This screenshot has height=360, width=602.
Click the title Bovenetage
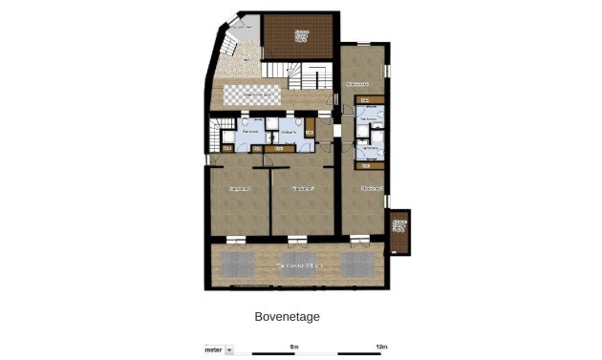[287, 316]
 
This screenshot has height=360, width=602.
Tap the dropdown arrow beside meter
[229, 350]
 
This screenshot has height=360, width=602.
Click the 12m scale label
[380, 345]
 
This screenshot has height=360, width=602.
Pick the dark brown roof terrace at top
[298, 37]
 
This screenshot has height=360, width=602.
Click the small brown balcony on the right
[399, 232]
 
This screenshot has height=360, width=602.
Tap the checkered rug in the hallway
[252, 95]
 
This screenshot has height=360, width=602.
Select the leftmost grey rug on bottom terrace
[236, 264]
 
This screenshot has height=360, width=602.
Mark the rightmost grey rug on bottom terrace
[359, 264]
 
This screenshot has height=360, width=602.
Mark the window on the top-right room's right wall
[387, 73]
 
